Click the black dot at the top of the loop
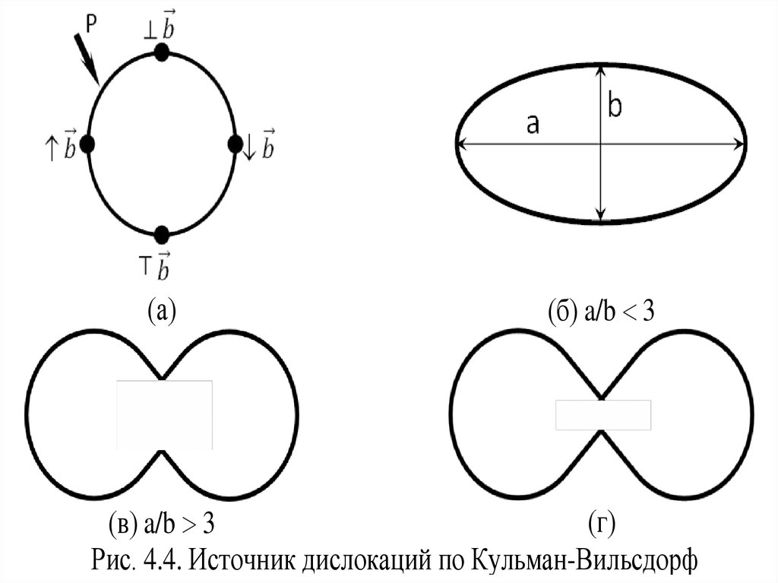click(161, 52)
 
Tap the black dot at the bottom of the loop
click(161, 234)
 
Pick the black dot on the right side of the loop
click(235, 144)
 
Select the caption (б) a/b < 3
click(600, 311)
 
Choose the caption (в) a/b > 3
click(163, 524)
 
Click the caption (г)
click(600, 524)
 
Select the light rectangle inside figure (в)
click(164, 414)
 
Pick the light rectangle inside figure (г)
click(602, 415)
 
